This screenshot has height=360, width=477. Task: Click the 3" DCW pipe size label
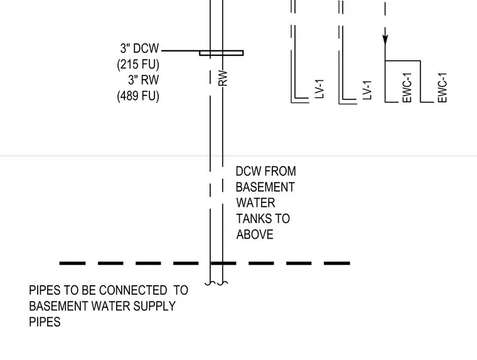(139, 48)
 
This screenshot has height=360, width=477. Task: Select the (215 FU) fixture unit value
(138, 64)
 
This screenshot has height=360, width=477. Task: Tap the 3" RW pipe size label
(143, 80)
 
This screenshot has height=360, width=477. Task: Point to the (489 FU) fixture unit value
(138, 96)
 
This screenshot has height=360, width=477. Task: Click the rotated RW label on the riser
(223, 78)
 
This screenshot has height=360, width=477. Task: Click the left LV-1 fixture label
(319, 89)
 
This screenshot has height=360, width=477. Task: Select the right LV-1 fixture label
(367, 90)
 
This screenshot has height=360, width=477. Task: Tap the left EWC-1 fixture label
(407, 88)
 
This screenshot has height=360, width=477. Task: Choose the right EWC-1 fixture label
(442, 88)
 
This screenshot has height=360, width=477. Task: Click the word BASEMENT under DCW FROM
(265, 187)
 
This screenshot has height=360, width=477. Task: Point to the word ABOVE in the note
(255, 234)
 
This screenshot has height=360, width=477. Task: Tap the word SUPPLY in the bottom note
(154, 306)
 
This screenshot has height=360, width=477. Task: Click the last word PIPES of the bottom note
(45, 322)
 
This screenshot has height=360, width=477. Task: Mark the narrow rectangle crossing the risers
(222, 53)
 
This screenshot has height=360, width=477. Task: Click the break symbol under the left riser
(210, 283)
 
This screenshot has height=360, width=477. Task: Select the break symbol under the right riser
(223, 283)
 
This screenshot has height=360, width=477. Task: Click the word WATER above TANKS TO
(255, 203)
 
